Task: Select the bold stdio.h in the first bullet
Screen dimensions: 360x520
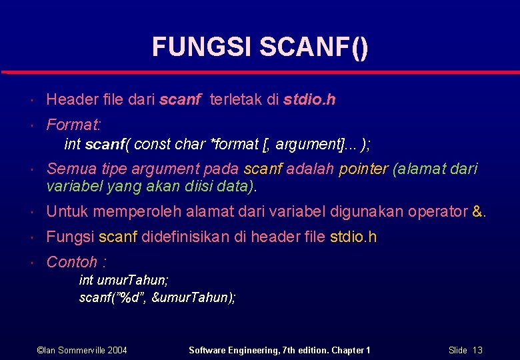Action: pyautogui.click(x=309, y=100)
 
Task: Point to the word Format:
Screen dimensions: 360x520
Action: pyautogui.click(x=73, y=125)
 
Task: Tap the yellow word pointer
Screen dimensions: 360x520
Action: pyautogui.click(x=363, y=169)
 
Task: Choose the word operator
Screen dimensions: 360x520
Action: pyautogui.click(x=437, y=212)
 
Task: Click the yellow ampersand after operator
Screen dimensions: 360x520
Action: pyautogui.click(x=476, y=212)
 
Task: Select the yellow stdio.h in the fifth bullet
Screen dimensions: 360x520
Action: pyautogui.click(x=353, y=237)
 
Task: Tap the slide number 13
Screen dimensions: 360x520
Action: pyautogui.click(x=477, y=350)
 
